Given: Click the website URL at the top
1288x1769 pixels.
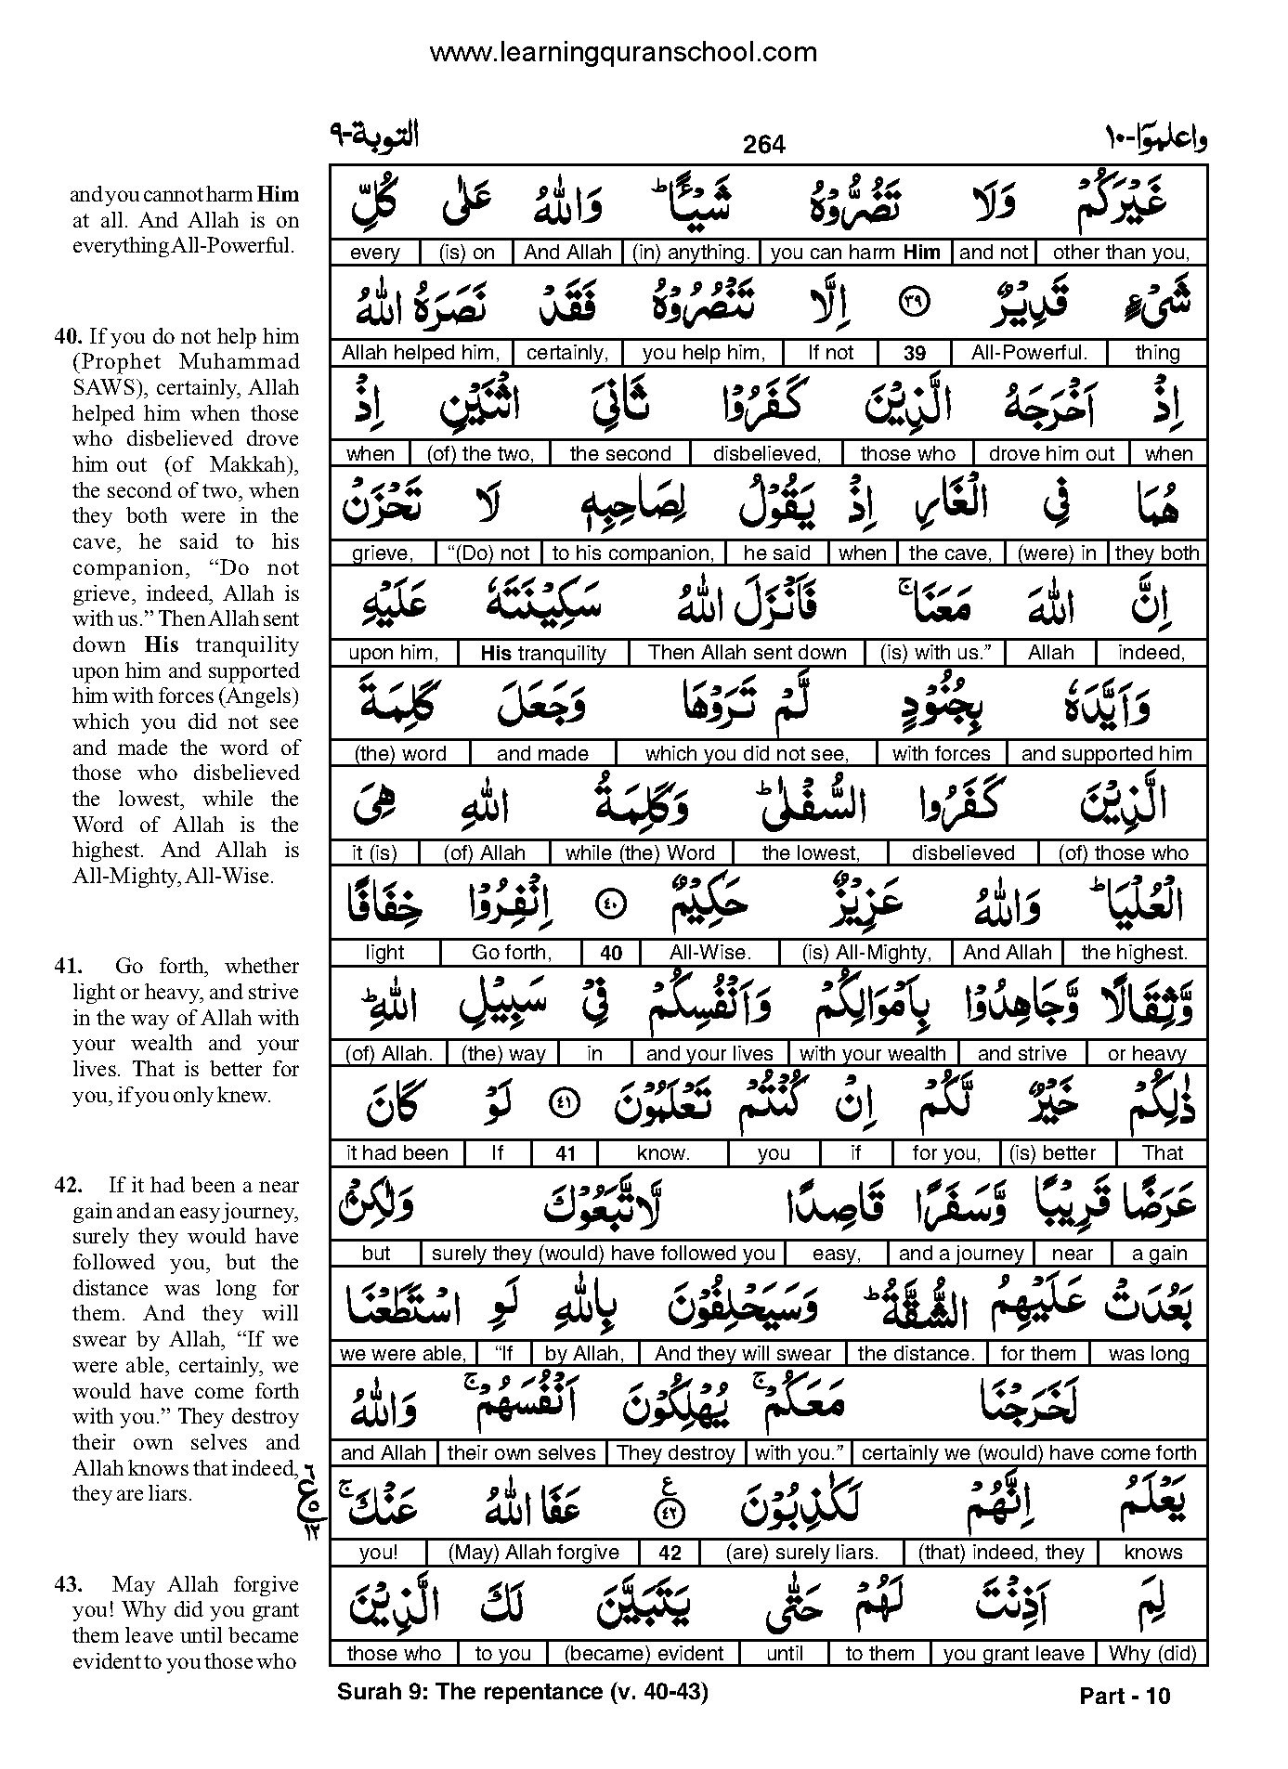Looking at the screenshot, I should pyautogui.click(x=623, y=52).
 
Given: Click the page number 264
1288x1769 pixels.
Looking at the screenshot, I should pyautogui.click(x=764, y=145).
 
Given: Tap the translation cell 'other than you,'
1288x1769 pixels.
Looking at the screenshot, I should pyautogui.click(x=1121, y=252).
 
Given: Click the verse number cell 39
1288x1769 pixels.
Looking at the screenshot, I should pyautogui.click(x=915, y=353).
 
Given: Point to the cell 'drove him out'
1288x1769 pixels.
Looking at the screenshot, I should pyautogui.click(x=1051, y=453).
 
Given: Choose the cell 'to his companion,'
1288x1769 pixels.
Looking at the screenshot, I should pyautogui.click(x=633, y=553).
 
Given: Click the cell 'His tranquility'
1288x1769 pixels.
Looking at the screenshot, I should pyautogui.click(x=543, y=653).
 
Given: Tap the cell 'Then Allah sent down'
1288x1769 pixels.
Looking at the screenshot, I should pyautogui.click(x=748, y=653).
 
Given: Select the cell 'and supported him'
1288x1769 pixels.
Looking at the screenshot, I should pyautogui.click(x=1106, y=753).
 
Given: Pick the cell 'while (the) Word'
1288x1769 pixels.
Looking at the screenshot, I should pyautogui.click(x=641, y=852).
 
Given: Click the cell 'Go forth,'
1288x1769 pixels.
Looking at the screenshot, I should pyautogui.click(x=512, y=952).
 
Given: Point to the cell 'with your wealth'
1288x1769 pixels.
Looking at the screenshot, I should pyautogui.click(x=873, y=1053).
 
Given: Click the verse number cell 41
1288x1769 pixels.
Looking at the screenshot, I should pyautogui.click(x=566, y=1153).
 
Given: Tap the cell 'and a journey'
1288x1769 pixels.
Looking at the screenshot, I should pyautogui.click(x=961, y=1254).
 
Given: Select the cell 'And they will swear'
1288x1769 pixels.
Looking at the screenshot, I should pyautogui.click(x=744, y=1353).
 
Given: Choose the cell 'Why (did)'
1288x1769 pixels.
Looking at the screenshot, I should pyautogui.click(x=1151, y=1653).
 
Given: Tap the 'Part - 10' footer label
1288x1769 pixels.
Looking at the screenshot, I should pyautogui.click(x=1125, y=1697).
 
